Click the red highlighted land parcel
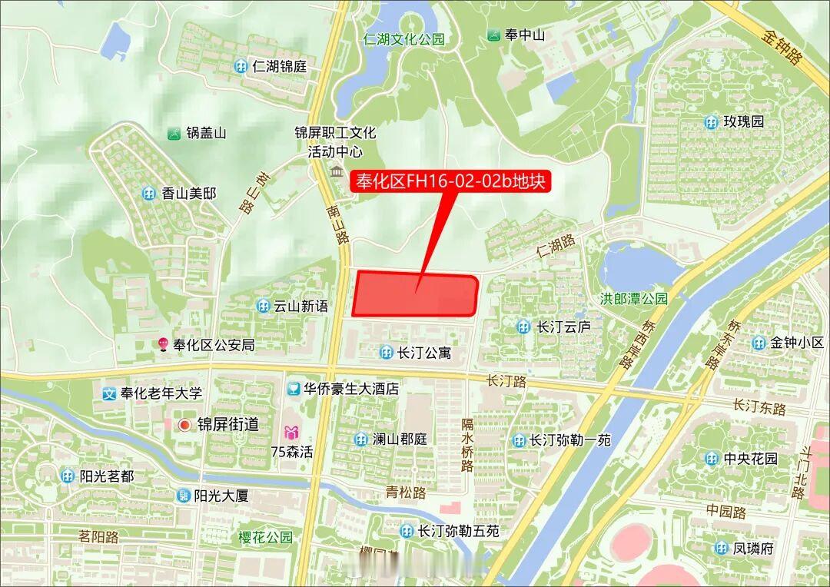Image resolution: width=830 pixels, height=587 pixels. (x=415, y=294)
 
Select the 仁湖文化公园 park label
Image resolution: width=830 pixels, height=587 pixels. (x=404, y=39)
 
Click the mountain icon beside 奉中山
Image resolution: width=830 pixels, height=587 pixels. (x=494, y=35)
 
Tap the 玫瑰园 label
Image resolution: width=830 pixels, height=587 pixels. (x=744, y=121)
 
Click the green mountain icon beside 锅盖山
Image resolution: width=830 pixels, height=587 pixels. (x=174, y=133)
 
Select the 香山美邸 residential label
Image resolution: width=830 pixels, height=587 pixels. (x=188, y=193)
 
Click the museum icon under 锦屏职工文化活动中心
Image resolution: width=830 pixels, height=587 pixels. (x=337, y=170)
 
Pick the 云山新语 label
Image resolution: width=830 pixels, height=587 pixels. (x=300, y=306)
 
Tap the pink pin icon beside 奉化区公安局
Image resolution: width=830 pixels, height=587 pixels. (x=163, y=344)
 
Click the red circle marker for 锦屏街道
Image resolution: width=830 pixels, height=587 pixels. (x=184, y=425)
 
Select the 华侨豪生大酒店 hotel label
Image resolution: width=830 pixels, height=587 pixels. (x=350, y=389)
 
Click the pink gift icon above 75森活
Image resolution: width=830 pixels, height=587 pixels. (x=291, y=433)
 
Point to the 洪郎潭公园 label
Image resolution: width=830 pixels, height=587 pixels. (x=633, y=299)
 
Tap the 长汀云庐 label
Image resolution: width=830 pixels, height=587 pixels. (x=563, y=327)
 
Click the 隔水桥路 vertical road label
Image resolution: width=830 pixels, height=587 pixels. (x=467, y=445)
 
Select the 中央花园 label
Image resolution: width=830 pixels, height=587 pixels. (x=750, y=459)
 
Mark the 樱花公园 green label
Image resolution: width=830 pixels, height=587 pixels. (x=265, y=537)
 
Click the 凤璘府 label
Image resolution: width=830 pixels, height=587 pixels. (x=752, y=548)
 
